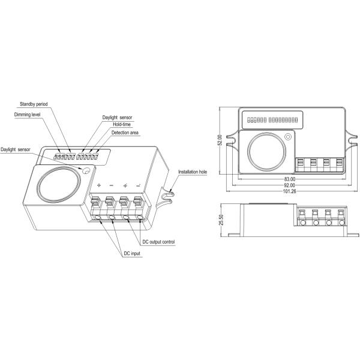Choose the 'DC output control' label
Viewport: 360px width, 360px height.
pyautogui.click(x=158, y=242)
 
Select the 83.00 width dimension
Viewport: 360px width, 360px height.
pyautogui.click(x=290, y=179)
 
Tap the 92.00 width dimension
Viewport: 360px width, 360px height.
pyautogui.click(x=290, y=186)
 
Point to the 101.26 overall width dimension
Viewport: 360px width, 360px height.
pyautogui.click(x=290, y=193)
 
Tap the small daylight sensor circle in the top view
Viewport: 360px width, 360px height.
pyautogui.click(x=288, y=137)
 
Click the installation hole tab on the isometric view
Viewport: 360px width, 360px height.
pyautogui.click(x=170, y=194)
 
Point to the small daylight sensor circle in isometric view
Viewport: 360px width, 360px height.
pyautogui.click(x=86, y=171)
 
